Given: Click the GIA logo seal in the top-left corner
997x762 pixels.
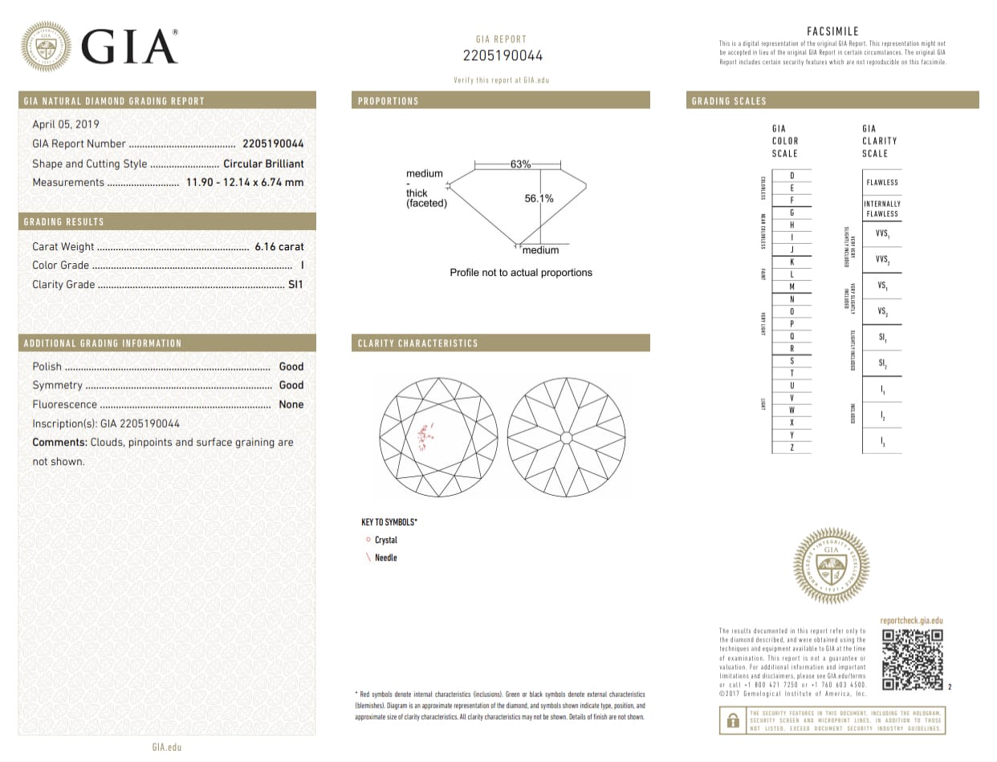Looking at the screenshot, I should pos(45,46).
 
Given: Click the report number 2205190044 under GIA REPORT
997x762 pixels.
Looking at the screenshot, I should pos(503,55).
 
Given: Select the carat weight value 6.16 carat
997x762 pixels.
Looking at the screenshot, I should pos(279,247).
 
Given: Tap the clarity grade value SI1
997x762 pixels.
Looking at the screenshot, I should pos(295,285).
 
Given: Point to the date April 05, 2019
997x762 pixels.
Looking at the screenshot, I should pos(66,124).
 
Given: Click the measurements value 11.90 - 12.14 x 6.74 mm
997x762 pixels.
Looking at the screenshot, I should pos(245,182).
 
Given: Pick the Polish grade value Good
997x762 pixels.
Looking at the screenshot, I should pos(291,367).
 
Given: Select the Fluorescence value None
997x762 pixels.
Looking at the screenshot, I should pos(291,405).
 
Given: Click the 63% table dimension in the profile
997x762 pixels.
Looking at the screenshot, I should pos(520,164).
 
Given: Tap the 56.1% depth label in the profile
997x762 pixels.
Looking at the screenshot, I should pos(539,199).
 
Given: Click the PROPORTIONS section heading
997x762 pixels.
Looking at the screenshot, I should pos(389,101).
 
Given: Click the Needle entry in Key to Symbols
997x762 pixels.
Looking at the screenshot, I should pos(386,557).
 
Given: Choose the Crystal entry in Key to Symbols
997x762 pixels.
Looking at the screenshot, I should pos(386,540).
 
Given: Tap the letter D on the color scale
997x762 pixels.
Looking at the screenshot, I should pos(791,175).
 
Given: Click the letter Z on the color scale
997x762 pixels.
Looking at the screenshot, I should pos(791,447).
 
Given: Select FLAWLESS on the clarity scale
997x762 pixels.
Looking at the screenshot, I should pos(882,182).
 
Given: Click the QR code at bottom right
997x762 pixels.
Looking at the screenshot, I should pos(912,660).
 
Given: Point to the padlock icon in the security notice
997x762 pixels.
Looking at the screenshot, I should pos(733,720).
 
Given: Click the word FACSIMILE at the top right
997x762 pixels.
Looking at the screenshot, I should pos(832,31).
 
